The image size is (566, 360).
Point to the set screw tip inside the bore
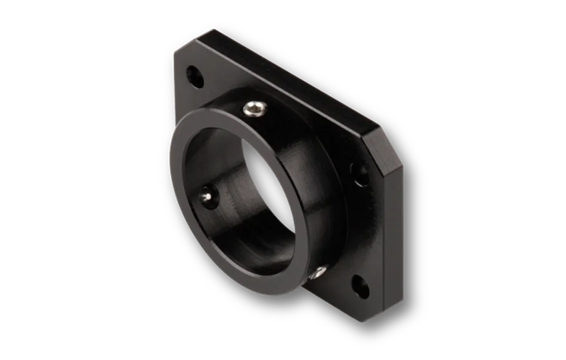[x=207, y=192]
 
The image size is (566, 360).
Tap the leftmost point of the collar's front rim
[x=170, y=161]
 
